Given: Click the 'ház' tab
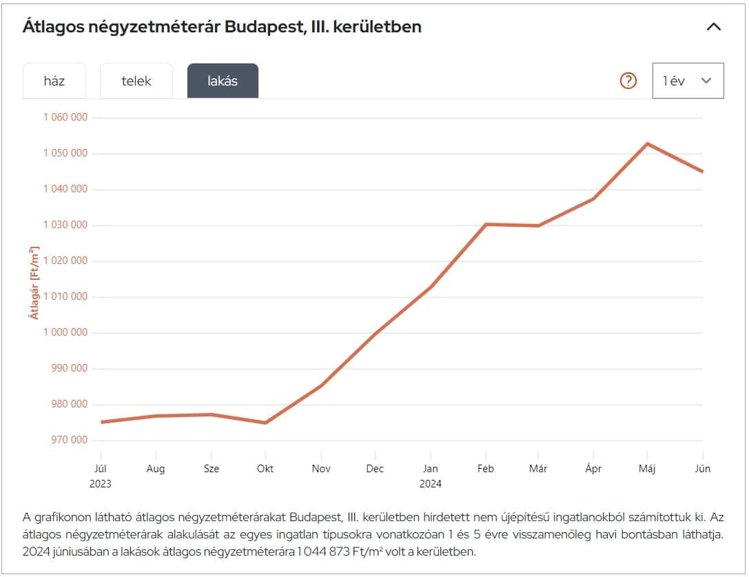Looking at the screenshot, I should click(x=54, y=81).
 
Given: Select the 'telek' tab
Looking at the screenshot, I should click(x=136, y=81).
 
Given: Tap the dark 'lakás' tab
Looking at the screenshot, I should click(x=223, y=81).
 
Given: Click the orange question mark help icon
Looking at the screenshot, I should click(x=628, y=81).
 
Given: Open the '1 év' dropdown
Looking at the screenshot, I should click(x=688, y=81).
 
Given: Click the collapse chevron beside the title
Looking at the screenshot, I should click(x=714, y=27).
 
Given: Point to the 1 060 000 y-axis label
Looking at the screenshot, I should click(x=65, y=117).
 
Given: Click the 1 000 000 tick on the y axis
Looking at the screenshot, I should click(x=65, y=332).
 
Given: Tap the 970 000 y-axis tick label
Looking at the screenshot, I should click(x=70, y=440).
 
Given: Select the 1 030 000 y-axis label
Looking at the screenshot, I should click(x=65, y=225).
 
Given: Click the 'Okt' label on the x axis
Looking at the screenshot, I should click(x=265, y=469).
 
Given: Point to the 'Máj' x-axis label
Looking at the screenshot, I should click(x=647, y=469).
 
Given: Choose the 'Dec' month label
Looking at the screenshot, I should click(x=375, y=469).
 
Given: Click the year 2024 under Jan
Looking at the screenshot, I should click(x=431, y=484).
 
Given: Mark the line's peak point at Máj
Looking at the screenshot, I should click(x=647, y=143).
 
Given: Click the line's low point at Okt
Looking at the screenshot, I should click(x=265, y=423).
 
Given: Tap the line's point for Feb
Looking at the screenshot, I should click(x=486, y=224).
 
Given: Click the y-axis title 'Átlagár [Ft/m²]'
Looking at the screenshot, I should click(x=33, y=283).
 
